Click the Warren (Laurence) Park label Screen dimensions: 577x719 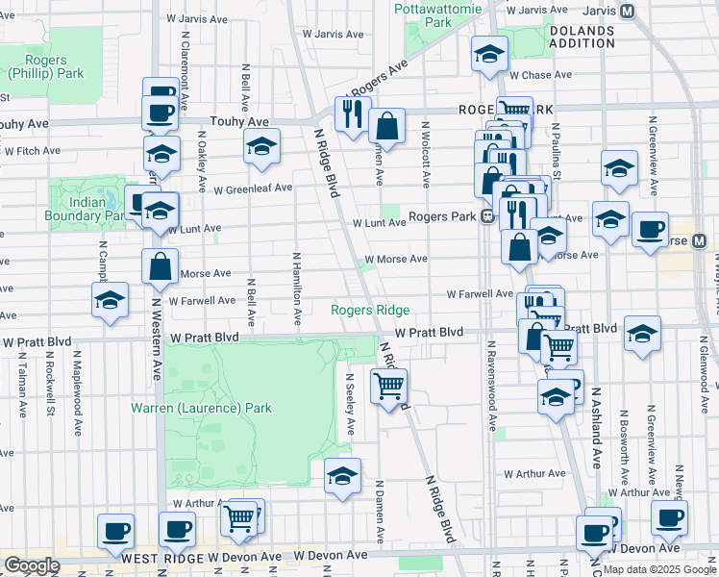point(202,408)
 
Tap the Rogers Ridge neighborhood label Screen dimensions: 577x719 point(370,310)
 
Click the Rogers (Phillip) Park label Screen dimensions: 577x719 point(45,66)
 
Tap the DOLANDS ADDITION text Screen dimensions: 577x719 point(582,38)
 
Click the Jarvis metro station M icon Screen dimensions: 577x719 point(628,11)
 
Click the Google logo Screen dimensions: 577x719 point(31,565)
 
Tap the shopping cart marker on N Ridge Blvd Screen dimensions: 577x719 point(388,387)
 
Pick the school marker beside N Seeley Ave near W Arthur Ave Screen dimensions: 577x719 point(342,475)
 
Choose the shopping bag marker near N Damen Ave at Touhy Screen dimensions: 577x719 point(386,126)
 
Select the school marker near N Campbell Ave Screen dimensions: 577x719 point(111,299)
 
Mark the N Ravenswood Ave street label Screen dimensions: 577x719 point(490,385)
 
